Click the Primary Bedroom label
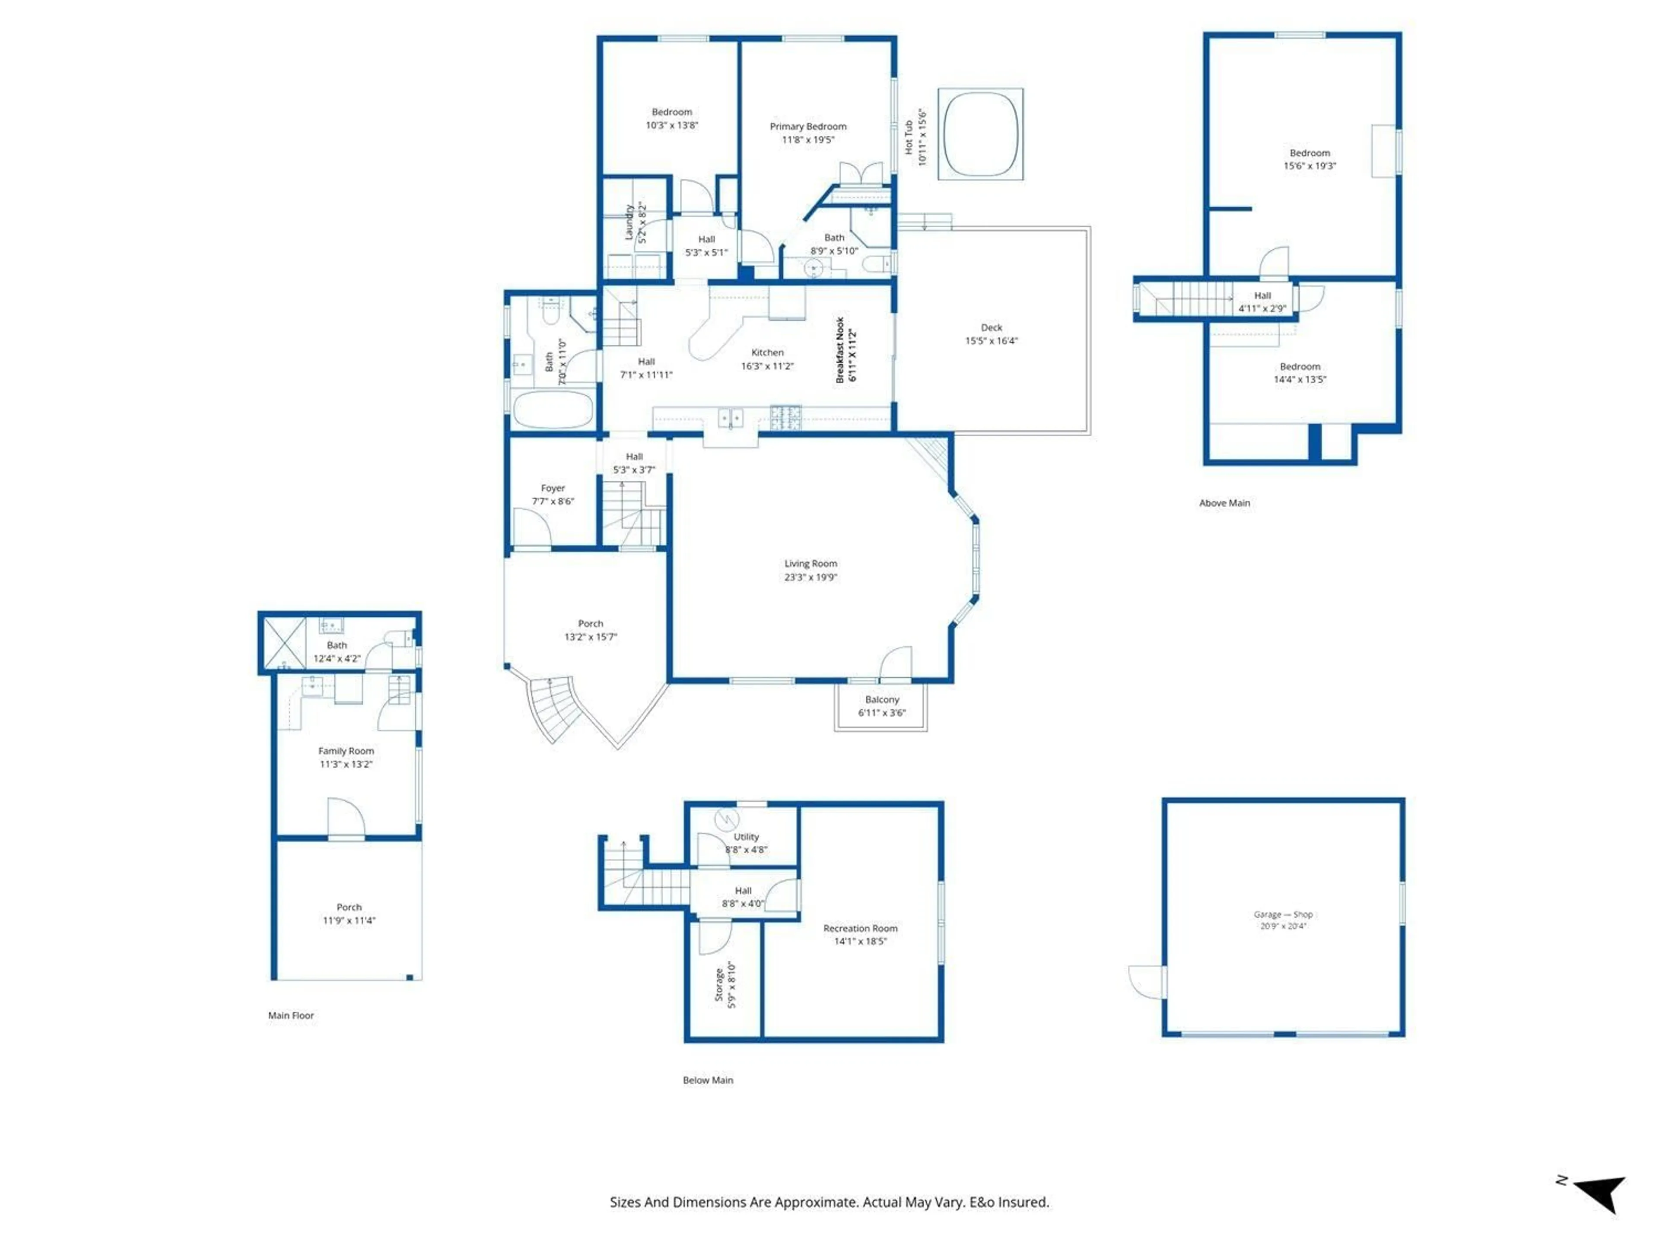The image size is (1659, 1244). pos(808,126)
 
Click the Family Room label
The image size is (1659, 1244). pos(346,751)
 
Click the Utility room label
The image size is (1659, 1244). pos(746,837)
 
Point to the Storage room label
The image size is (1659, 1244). pos(718,984)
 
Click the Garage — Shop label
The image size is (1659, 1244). pos(1283,914)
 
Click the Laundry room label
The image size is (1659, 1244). pos(630,222)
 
